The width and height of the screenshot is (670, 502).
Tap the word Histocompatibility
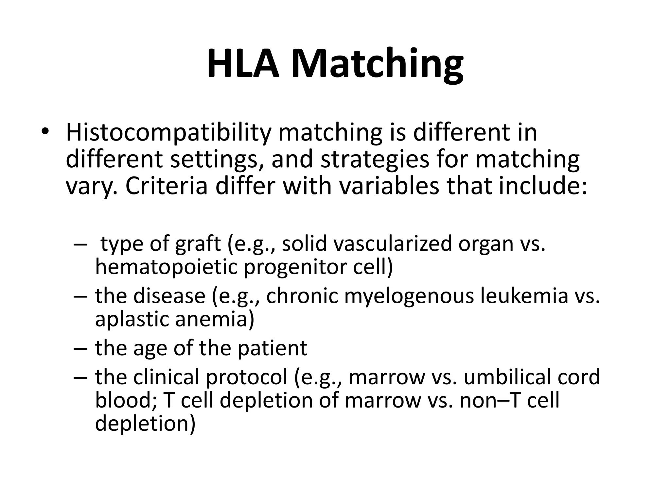[x=168, y=133]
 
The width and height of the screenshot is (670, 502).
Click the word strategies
[x=375, y=160]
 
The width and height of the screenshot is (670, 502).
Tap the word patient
[x=272, y=348]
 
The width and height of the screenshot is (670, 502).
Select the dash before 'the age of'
[x=80, y=348]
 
